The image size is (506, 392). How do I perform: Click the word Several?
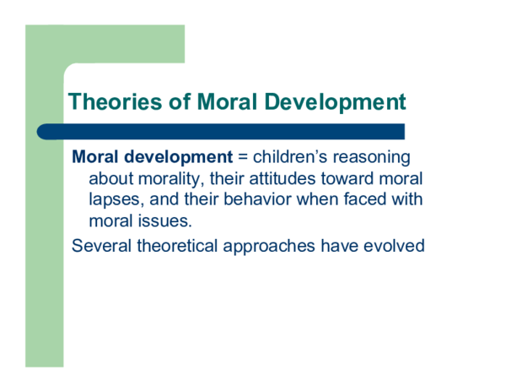103,247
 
